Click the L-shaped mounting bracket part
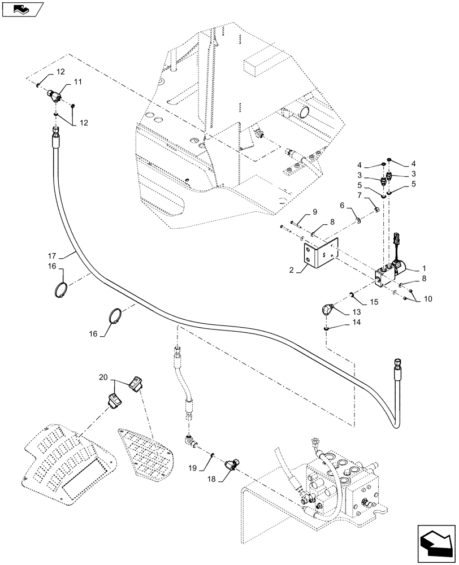(319, 254)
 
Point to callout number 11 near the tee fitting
(77, 82)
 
